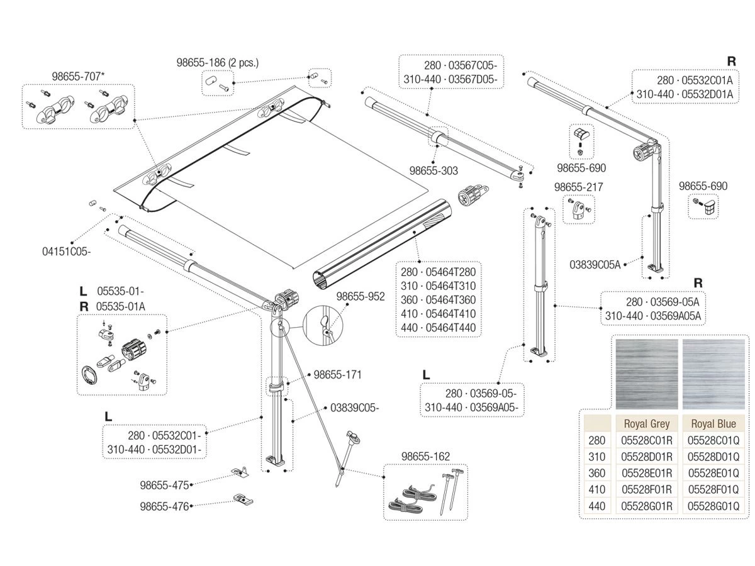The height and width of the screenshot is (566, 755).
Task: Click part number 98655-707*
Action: (78, 76)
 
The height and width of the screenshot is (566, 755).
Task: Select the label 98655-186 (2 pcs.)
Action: (218, 62)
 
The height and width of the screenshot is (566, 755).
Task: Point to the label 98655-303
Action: (433, 170)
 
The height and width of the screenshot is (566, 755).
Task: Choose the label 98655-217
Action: (578, 187)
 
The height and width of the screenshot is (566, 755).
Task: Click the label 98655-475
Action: (164, 485)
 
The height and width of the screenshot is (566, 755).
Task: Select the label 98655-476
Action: (164, 506)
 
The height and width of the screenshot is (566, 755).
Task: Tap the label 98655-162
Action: (426, 456)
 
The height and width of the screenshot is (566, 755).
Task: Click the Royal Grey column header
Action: (647, 423)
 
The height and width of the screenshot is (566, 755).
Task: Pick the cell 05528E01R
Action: (647, 473)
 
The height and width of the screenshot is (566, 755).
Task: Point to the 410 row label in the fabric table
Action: (597, 489)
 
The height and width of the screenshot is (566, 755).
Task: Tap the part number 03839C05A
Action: (595, 265)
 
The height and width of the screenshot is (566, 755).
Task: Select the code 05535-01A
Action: (121, 306)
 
